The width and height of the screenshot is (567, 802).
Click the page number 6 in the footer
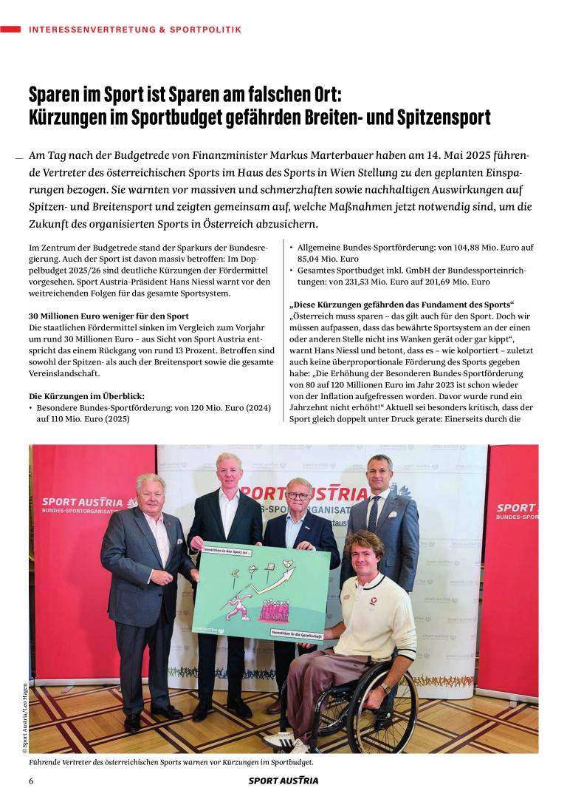point(31,781)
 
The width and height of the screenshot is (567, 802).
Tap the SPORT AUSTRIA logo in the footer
point(283,781)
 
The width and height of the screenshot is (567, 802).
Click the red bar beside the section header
point(10,29)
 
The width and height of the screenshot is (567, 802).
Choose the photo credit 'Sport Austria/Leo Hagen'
point(24,710)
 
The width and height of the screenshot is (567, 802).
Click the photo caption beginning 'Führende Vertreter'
point(171,761)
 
